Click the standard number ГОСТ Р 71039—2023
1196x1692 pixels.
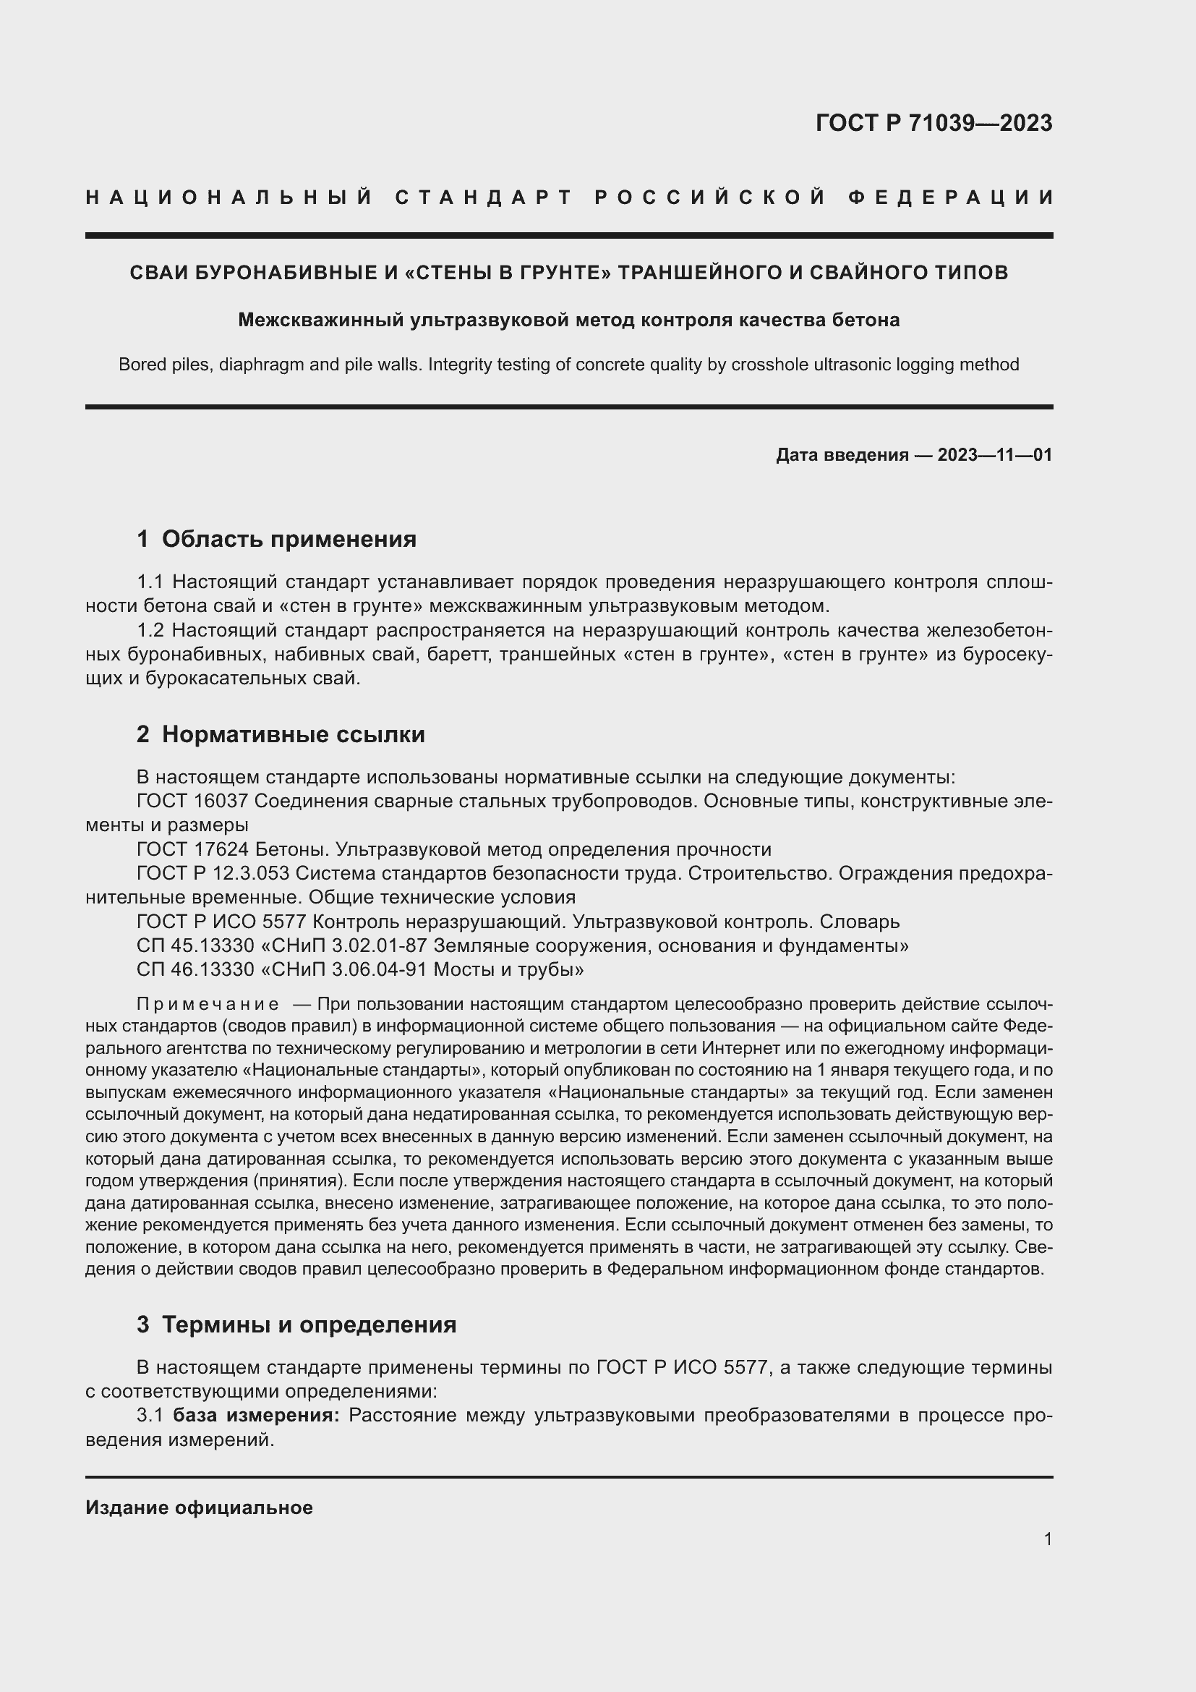pyautogui.click(x=933, y=123)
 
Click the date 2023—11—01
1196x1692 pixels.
pyautogui.click(x=995, y=455)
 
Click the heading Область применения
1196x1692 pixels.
pyautogui.click(x=289, y=539)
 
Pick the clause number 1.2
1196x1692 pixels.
pyautogui.click(x=150, y=631)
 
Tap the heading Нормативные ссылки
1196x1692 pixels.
pyautogui.click(x=293, y=735)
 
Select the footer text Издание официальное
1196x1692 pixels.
pyautogui.click(x=199, y=1508)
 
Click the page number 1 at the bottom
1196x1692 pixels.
pyautogui.click(x=1048, y=1539)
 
